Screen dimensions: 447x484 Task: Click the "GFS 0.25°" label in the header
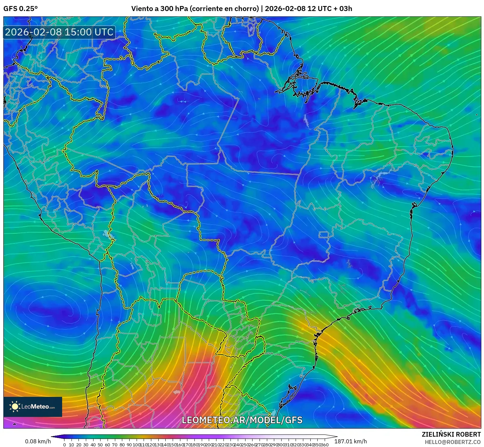pos(20,9)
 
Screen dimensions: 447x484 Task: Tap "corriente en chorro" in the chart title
pos(224,9)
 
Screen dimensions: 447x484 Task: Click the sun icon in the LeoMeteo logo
pos(15,407)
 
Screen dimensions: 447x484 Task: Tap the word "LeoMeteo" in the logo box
pos(35,407)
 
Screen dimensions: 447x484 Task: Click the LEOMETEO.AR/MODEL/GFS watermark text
pos(242,420)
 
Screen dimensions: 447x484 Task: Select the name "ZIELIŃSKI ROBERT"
pos(451,434)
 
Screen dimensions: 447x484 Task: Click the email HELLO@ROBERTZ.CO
pos(453,442)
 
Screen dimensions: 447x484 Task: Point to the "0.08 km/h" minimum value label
pos(38,441)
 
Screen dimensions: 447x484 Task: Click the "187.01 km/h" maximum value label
pos(351,441)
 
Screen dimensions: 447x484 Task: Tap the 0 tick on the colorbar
pos(64,445)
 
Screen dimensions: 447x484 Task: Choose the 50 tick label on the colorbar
pos(100,445)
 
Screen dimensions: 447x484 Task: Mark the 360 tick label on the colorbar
pos(324,445)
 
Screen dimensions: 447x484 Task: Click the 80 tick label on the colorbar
pos(122,445)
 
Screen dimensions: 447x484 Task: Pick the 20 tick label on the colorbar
pos(78,445)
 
